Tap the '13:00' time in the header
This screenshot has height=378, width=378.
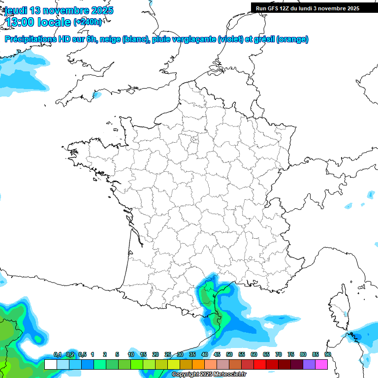coord(20,22)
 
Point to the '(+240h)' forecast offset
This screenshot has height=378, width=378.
coord(88,22)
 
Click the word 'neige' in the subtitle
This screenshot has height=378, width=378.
coord(110,39)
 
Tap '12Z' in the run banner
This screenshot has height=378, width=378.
coord(287,8)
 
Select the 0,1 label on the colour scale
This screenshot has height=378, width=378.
coord(57,355)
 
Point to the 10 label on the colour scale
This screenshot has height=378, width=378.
coord(131,355)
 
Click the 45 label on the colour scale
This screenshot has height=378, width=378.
coord(217,355)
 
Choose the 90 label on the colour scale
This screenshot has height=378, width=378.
coord(327,355)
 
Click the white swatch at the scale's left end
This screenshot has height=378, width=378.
coord(51,364)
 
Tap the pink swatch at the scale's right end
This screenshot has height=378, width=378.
coord(321,364)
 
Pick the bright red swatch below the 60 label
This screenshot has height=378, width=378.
coord(260,364)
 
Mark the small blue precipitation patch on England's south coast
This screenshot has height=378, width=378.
coord(97,94)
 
